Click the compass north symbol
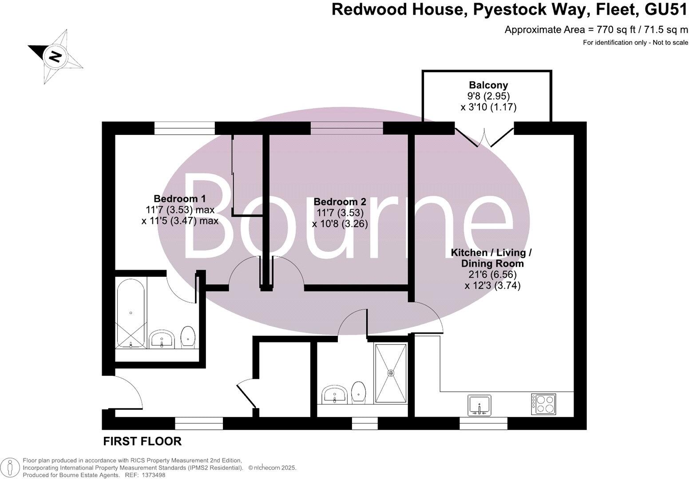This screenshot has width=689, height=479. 55,56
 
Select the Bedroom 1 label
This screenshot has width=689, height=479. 180,198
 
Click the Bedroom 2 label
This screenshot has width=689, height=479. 340,202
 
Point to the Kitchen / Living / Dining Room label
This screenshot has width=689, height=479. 491,258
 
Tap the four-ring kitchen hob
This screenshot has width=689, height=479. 543,404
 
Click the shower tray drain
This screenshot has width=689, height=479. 391,373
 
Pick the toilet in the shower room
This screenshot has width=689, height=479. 358,392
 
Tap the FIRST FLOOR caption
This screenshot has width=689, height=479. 142,441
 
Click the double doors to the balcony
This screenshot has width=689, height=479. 484,135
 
